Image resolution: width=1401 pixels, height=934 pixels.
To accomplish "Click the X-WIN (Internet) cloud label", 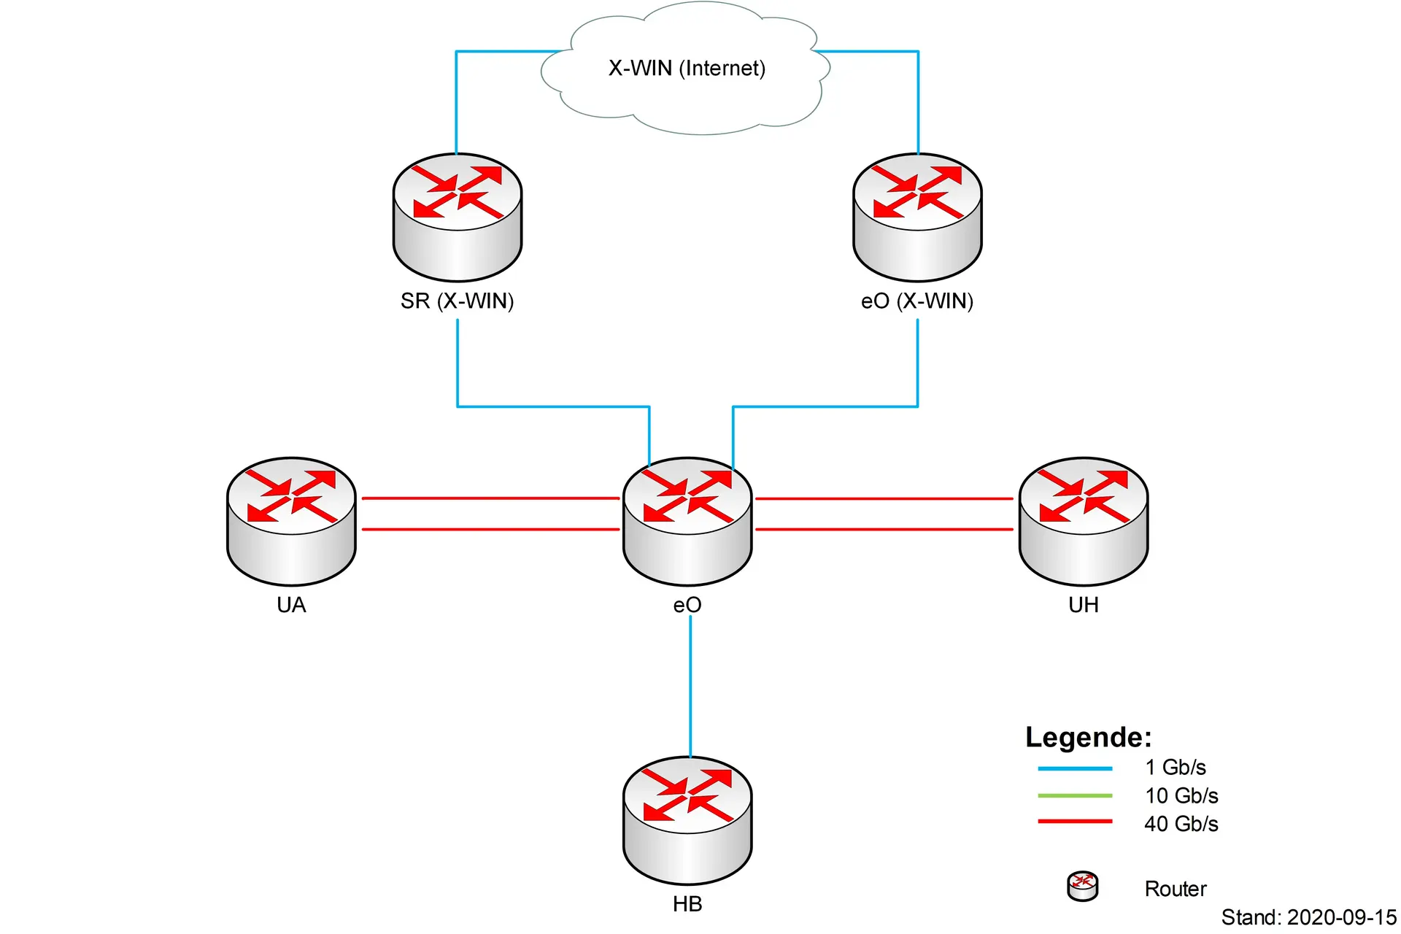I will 687,69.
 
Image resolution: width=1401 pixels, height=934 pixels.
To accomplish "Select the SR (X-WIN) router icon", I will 458,217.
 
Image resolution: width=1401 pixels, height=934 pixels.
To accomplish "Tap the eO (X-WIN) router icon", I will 917,217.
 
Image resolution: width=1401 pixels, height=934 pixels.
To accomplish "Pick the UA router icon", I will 291,521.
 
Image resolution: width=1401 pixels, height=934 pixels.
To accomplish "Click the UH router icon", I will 1084,521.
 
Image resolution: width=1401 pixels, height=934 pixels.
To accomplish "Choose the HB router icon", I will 687,820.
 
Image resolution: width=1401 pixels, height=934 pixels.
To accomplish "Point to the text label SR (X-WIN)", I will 458,301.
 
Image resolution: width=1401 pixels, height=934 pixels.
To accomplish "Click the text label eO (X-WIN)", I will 917,301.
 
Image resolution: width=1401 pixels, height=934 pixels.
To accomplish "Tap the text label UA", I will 291,605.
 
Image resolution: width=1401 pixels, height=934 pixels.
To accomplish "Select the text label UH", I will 1084,605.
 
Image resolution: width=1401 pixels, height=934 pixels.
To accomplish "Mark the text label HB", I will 687,904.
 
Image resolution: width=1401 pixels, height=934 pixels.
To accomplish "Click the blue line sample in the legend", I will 1075,768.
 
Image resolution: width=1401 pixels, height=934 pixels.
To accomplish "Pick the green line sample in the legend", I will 1075,795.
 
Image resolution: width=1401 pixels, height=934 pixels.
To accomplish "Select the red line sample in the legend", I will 1075,822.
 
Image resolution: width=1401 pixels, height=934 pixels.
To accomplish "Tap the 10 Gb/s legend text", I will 1181,795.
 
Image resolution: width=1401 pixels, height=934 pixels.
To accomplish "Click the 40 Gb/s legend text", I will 1181,824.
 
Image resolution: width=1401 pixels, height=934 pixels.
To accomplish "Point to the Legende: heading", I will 1088,737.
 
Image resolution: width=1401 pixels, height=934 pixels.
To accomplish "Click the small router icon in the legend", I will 1082,886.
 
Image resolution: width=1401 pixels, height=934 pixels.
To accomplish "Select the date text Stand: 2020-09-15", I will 1309,917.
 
